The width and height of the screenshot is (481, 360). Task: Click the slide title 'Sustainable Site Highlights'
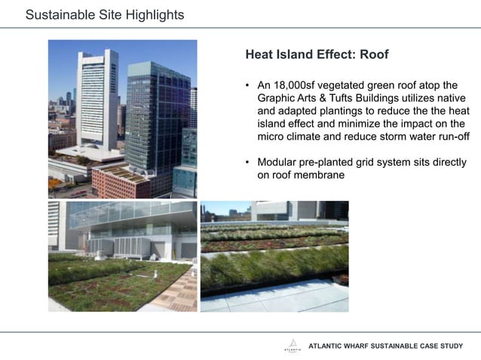tap(104, 15)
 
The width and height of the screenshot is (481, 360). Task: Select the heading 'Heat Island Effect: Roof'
tap(317, 55)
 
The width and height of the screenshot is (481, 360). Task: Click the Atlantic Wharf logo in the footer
tap(290, 346)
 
